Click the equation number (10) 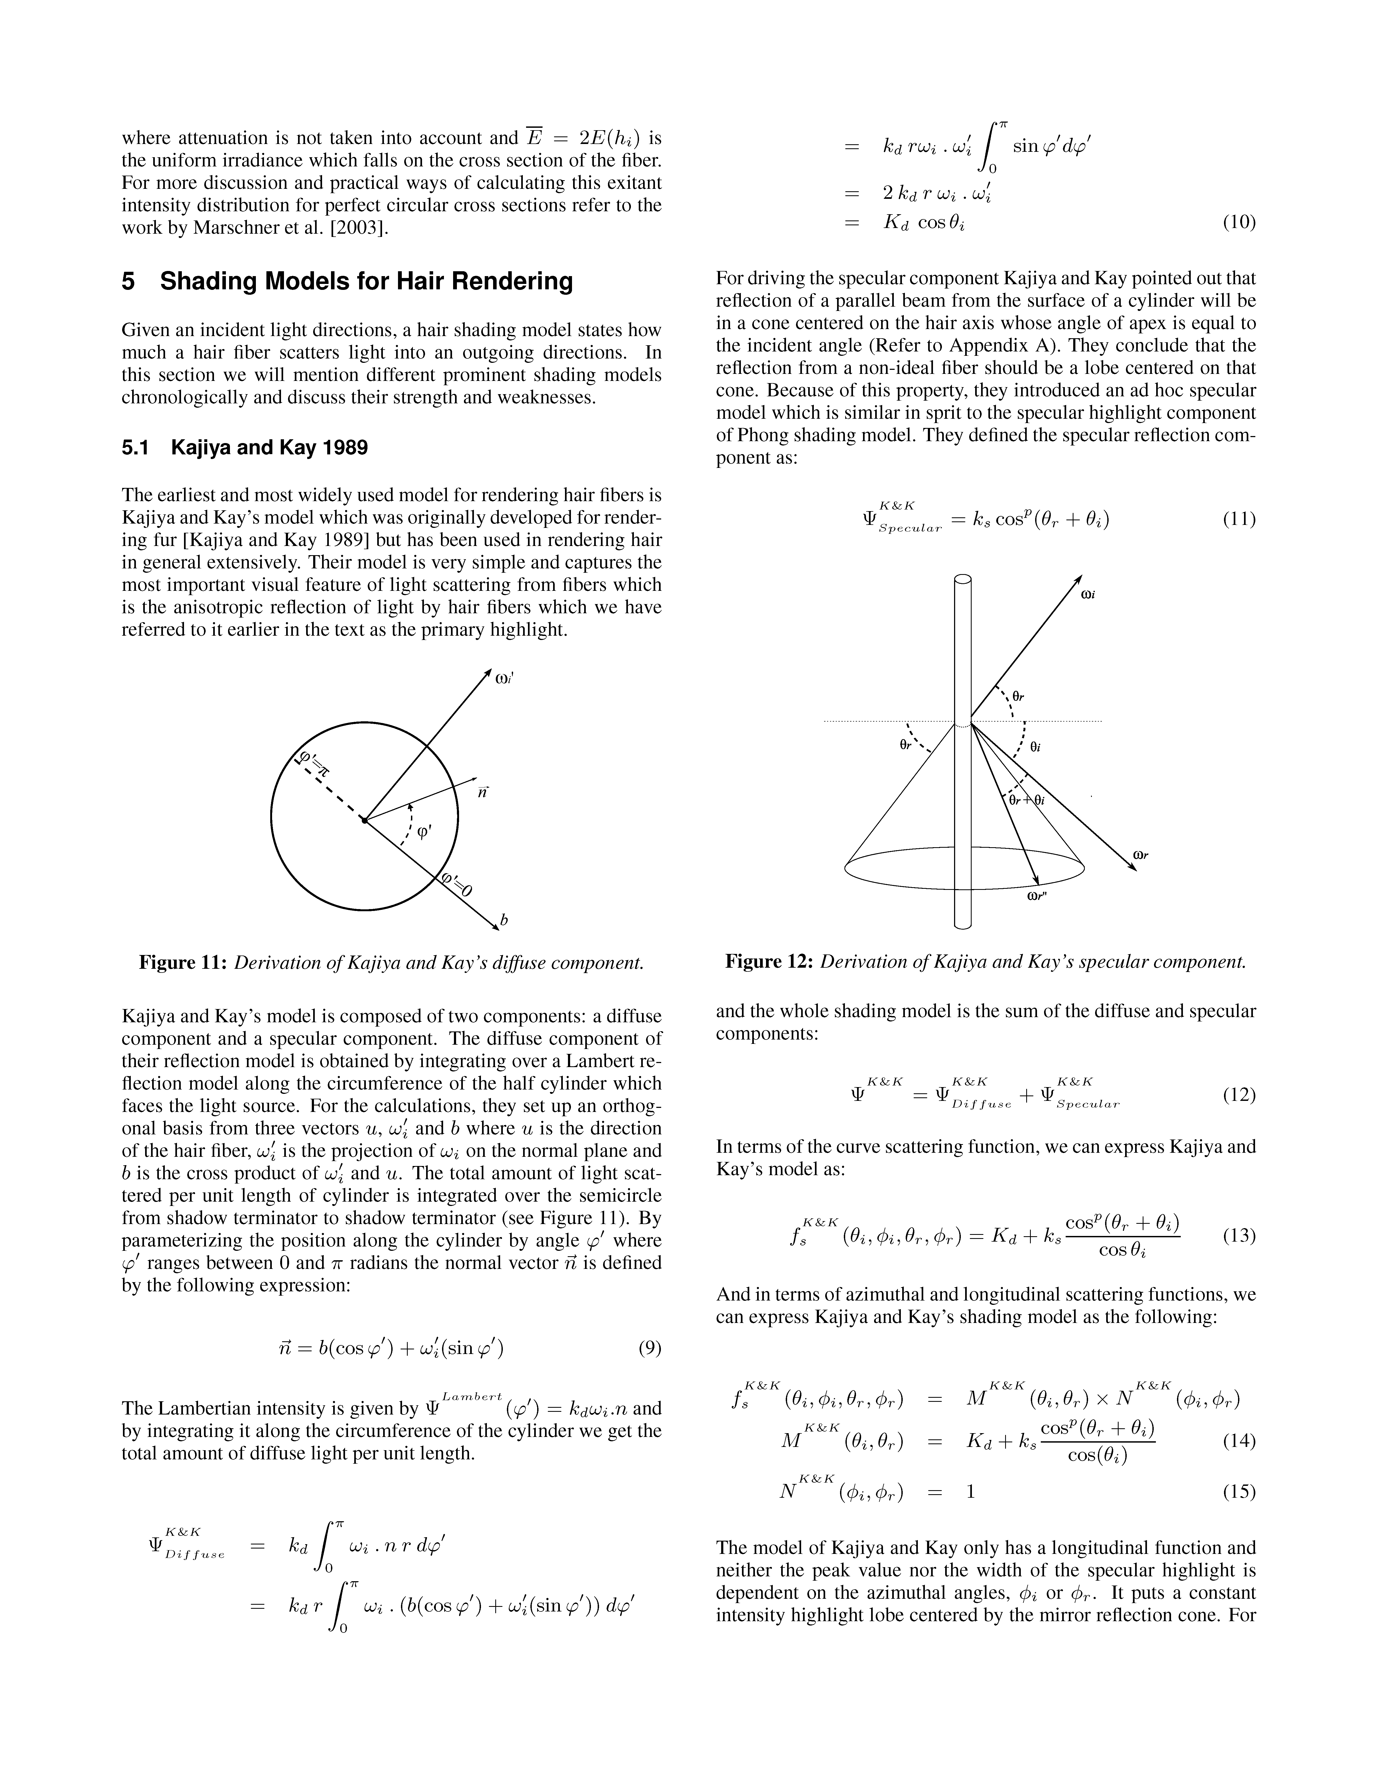tap(1238, 222)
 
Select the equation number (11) tap(1238, 519)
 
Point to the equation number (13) tap(1238, 1235)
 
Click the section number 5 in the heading tap(128, 282)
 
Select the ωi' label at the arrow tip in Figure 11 tap(504, 677)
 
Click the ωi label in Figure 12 tap(1087, 595)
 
